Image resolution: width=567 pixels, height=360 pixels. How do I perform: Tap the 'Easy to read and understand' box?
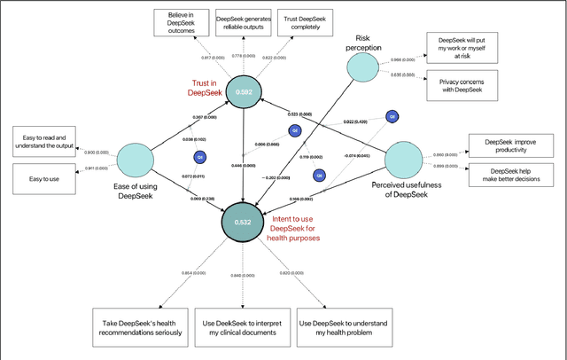(x=46, y=139)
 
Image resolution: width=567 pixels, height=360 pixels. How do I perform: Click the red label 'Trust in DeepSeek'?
(x=206, y=88)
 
